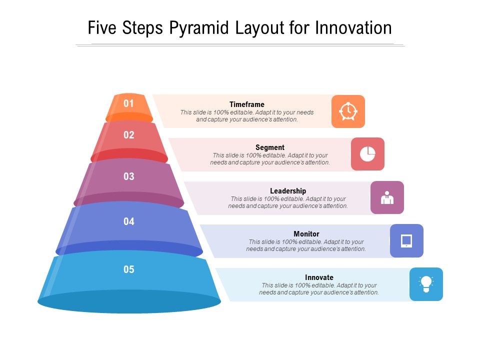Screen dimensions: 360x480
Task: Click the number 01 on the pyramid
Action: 129,103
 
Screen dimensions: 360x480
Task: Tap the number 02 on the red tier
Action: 129,134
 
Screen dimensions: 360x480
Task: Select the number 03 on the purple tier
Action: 129,176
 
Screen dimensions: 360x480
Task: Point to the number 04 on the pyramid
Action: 129,221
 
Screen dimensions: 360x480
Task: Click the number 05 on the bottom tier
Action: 129,269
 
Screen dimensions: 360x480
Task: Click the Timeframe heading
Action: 247,104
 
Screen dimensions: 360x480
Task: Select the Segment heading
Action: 270,147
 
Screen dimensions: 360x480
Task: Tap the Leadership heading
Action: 288,191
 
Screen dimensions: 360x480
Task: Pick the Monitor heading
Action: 306,234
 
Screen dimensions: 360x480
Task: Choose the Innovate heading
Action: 319,277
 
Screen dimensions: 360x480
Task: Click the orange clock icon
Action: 348,111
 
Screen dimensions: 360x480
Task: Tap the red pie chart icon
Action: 367,154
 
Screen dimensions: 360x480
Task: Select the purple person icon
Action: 387,197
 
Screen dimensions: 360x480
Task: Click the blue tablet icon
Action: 406,241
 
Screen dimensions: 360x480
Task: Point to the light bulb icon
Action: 426,284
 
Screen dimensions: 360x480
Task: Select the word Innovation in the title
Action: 353,27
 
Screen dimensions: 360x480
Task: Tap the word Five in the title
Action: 102,27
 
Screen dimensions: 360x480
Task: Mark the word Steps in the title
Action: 143,28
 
